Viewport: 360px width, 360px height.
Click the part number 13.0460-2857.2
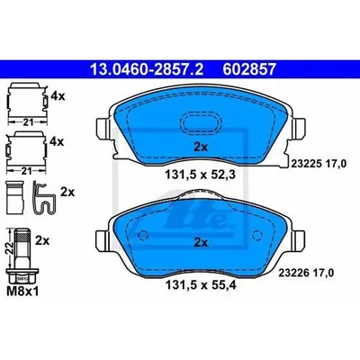147,69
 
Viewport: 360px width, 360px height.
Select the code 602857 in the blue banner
249,69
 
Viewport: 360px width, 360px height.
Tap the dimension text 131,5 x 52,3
201,174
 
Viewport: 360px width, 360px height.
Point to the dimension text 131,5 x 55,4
201,285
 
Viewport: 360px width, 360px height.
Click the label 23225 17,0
319,164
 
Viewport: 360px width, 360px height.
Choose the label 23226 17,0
306,273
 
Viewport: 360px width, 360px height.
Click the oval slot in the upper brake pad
201,122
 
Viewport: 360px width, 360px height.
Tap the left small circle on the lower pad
144,235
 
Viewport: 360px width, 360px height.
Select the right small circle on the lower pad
256,235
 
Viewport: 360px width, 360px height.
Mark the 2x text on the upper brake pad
201,147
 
